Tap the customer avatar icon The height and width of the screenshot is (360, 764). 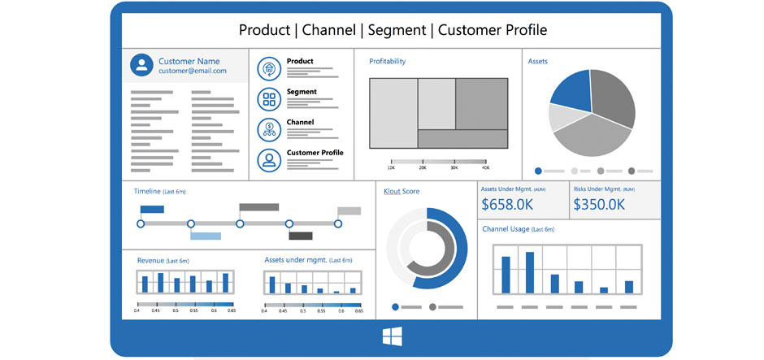(142, 66)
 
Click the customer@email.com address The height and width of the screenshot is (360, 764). (192, 71)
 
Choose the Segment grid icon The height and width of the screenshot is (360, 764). (268, 99)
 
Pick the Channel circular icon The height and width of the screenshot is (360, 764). (268, 129)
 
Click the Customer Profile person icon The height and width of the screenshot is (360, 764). (268, 159)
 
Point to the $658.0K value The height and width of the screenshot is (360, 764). (508, 204)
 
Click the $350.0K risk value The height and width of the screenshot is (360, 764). (600, 204)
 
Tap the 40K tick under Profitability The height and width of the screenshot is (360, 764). (486, 167)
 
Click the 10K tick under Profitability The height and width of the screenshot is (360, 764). (391, 167)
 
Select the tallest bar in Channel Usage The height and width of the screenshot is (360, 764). (530, 271)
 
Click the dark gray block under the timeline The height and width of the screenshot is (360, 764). (301, 236)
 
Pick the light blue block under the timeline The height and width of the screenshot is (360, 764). (206, 236)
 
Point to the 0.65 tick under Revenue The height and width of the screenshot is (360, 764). (232, 310)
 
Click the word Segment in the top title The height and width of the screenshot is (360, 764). (398, 30)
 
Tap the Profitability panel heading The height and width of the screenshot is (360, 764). (387, 61)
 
